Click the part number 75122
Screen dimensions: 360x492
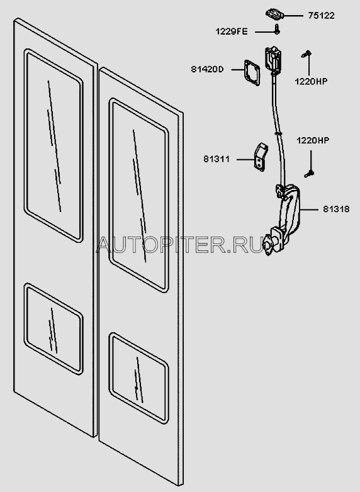[x=322, y=16]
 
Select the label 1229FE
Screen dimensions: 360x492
[x=232, y=31]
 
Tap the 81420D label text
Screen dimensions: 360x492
[x=208, y=69]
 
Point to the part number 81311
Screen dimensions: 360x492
[x=217, y=159]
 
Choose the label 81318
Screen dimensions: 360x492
[x=336, y=209]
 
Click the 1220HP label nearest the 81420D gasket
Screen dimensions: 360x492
[x=311, y=81]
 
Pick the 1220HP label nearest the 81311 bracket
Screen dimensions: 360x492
[x=313, y=140]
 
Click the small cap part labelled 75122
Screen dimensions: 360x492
[x=274, y=14]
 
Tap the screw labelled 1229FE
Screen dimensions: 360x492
[x=277, y=29]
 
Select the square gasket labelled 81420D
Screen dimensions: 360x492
[x=252, y=73]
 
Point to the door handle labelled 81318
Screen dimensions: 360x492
[x=283, y=220]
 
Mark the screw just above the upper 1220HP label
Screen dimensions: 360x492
[x=306, y=54]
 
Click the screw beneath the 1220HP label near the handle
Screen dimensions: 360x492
[x=309, y=173]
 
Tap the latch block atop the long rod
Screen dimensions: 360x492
[x=274, y=59]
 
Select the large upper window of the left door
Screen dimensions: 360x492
[x=53, y=145]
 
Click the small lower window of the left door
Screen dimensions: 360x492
[x=53, y=329]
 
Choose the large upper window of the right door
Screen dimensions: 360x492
[x=138, y=195]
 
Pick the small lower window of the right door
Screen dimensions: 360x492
[x=138, y=378]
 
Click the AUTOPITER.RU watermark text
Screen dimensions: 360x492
[x=181, y=245]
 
